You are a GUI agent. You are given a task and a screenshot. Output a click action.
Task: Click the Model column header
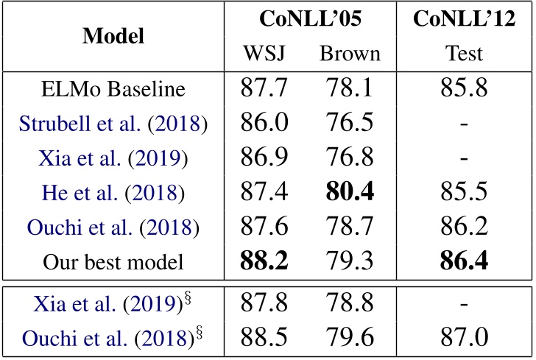coord(113,35)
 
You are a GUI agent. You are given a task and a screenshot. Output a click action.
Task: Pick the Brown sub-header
coord(350,53)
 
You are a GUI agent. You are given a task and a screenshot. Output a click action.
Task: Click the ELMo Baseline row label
coord(113,90)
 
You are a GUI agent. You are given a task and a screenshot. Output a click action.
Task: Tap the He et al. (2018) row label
coord(113,192)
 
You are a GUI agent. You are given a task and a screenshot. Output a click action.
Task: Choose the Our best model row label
coord(113,261)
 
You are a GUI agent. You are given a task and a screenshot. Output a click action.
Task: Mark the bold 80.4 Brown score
coord(350,192)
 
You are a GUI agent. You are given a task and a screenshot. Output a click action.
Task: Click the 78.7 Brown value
coord(350,227)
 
